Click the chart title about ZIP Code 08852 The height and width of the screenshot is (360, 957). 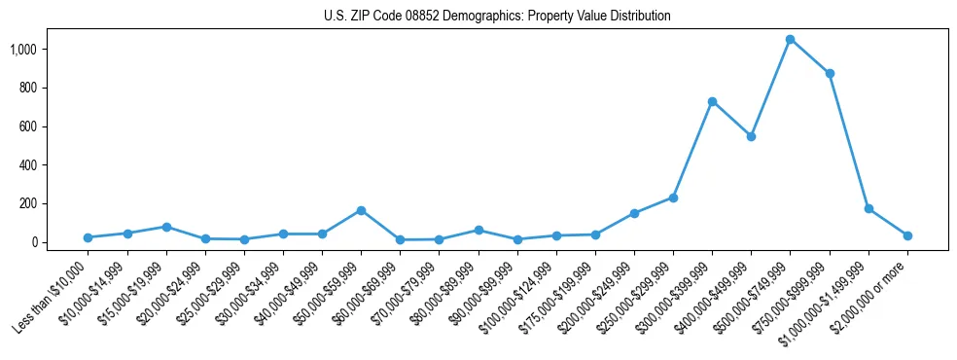pyautogui.click(x=497, y=17)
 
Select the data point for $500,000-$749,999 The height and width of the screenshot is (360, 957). pyautogui.click(x=791, y=39)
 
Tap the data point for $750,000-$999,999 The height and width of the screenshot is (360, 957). pyautogui.click(x=830, y=73)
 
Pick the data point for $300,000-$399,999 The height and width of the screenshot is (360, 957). pyautogui.click(x=713, y=101)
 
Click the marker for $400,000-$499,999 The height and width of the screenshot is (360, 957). pyautogui.click(x=752, y=136)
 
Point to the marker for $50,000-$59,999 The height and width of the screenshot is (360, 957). pyautogui.click(x=361, y=210)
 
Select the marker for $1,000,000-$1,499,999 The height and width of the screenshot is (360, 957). pyautogui.click(x=868, y=208)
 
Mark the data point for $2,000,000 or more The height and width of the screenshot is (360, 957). pyautogui.click(x=907, y=235)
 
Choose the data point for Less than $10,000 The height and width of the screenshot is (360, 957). pyautogui.click(x=88, y=237)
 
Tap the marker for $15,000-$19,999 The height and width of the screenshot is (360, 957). pyautogui.click(x=166, y=227)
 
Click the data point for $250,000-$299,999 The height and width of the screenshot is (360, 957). pyautogui.click(x=673, y=198)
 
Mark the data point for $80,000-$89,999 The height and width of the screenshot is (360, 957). pyautogui.click(x=478, y=230)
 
